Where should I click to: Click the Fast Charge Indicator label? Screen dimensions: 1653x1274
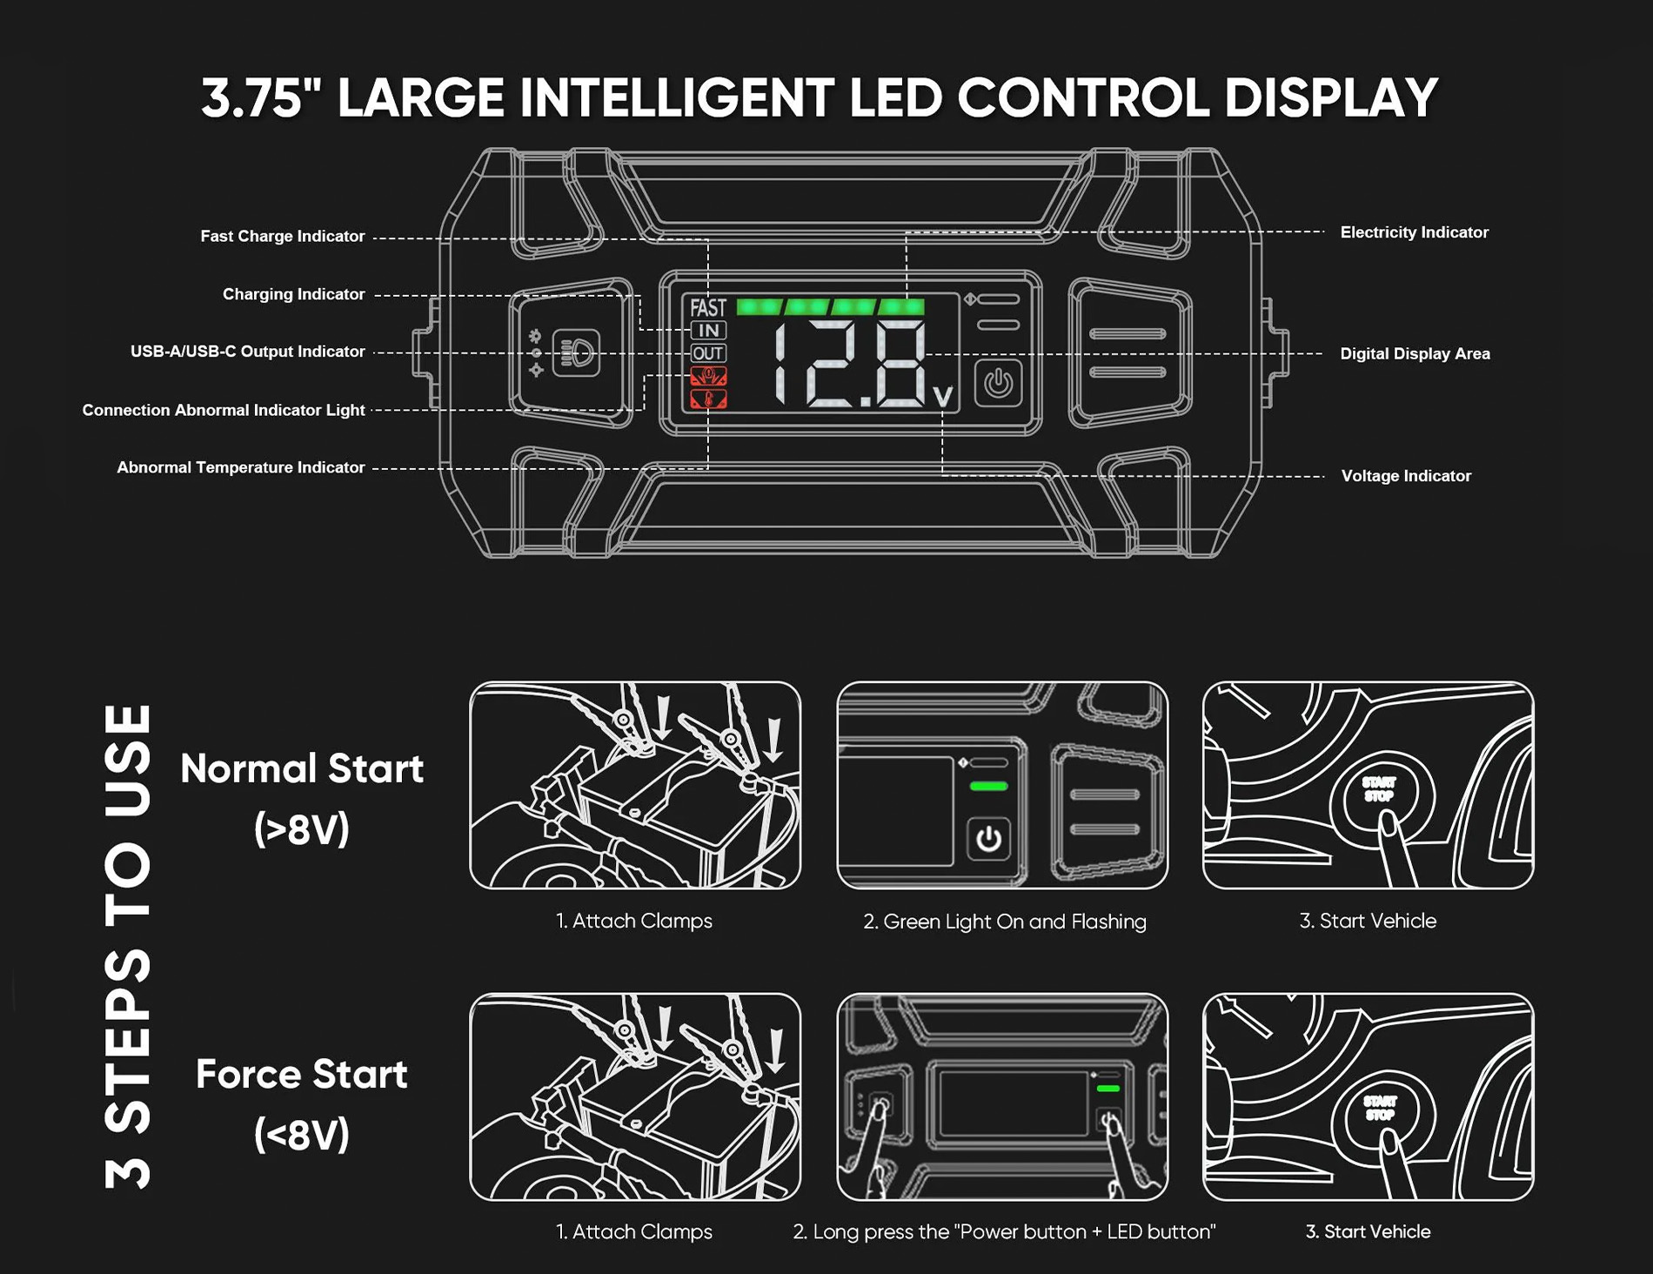point(283,236)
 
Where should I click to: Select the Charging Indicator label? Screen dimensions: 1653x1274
point(293,294)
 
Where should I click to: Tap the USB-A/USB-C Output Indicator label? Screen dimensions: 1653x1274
point(248,352)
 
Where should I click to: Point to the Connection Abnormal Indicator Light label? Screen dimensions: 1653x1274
point(224,410)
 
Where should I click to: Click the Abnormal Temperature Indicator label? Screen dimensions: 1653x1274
point(241,467)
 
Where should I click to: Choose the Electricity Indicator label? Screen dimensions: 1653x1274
point(1415,232)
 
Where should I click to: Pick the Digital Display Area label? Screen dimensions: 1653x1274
point(1415,353)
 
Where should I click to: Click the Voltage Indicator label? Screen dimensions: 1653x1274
point(1406,476)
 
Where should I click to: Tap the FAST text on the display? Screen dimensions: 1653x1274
point(708,308)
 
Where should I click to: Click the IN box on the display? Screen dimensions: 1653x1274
point(708,331)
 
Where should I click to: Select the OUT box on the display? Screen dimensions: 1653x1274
point(708,353)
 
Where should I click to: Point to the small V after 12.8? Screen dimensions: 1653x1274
point(942,397)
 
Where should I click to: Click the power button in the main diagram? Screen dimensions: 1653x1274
point(998,383)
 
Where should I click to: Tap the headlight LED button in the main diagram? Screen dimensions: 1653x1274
point(576,352)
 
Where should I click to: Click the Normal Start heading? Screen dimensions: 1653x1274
point(302,769)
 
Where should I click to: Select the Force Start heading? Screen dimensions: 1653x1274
point(302,1075)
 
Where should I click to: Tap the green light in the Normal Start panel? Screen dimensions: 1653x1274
point(988,787)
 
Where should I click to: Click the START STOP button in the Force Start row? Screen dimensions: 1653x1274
point(1381,1110)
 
